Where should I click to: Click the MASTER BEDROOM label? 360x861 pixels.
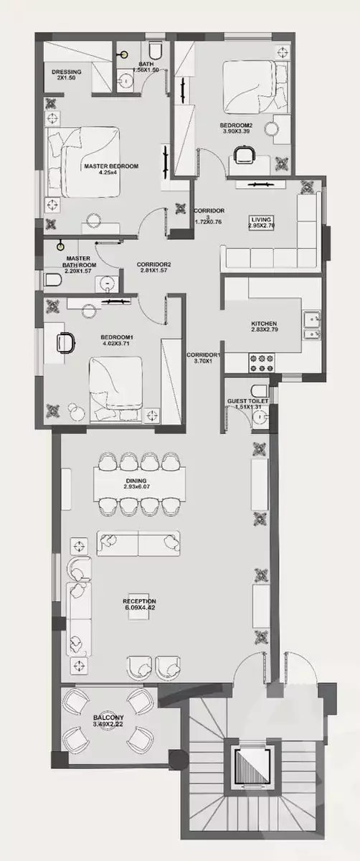[110, 166]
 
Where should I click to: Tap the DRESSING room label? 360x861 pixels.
[66, 72]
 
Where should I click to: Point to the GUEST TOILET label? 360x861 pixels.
[247, 400]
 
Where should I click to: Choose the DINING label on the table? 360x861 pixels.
[136, 480]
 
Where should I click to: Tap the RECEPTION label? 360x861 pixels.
[139, 601]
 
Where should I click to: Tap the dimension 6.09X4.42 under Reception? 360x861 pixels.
[139, 608]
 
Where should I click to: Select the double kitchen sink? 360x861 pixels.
[312, 325]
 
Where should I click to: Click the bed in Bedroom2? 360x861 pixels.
[248, 87]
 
